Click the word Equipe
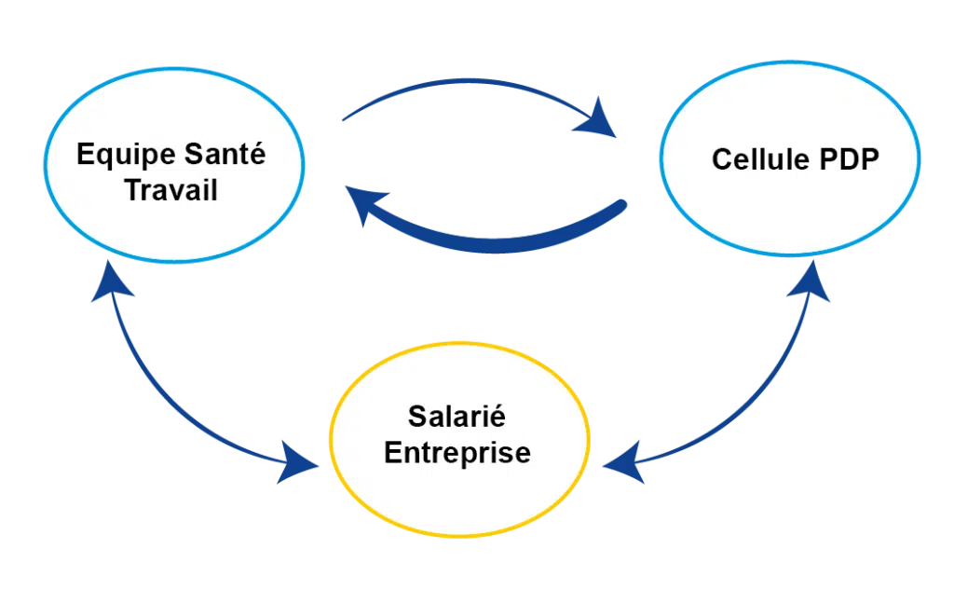click(118, 156)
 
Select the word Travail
click(171, 190)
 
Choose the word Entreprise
click(457, 453)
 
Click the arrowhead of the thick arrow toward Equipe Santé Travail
click(365, 205)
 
